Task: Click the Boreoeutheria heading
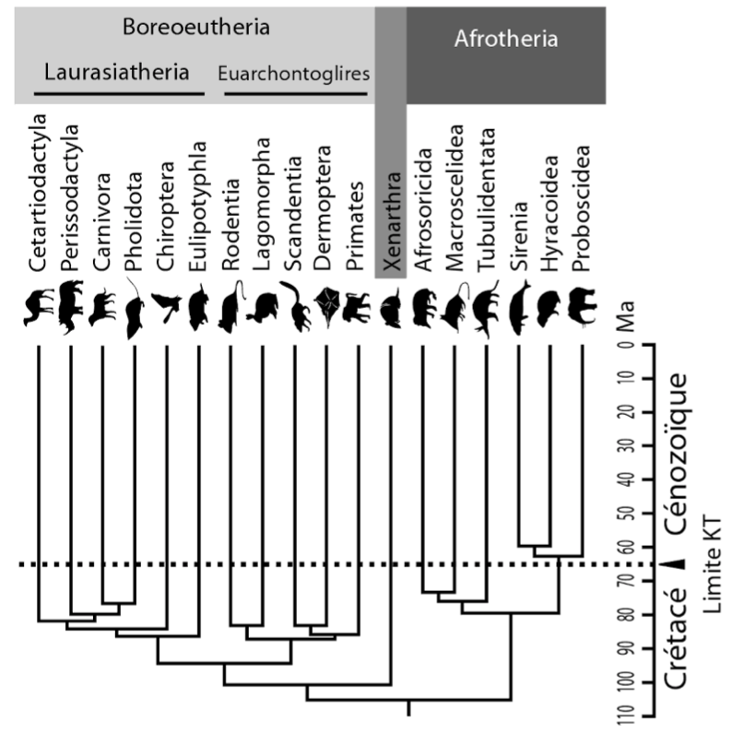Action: tap(196, 28)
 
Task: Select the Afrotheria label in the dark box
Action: tap(506, 40)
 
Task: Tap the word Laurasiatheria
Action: tap(117, 72)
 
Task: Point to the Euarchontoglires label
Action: tap(293, 73)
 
